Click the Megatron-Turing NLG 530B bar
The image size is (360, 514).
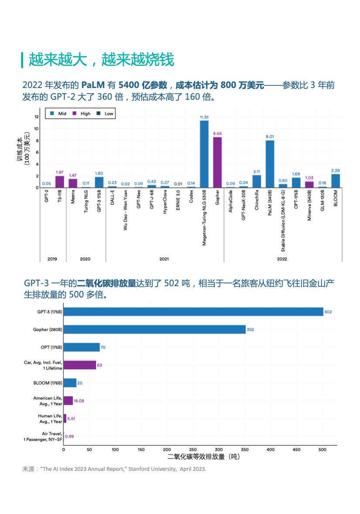coord(204,154)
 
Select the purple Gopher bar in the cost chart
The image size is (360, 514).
coord(217,162)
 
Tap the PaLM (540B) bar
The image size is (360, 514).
coord(270,164)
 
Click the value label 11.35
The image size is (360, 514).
coord(204,117)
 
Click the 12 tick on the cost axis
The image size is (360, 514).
coord(37,117)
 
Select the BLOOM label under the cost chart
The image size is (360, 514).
coord(336,198)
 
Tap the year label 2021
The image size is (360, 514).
coord(164,259)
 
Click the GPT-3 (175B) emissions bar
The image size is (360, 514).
coord(193,312)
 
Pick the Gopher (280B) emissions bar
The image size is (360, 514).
coord(154,330)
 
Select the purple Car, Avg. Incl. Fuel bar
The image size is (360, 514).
coord(80,365)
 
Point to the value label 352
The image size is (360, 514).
coord(250,330)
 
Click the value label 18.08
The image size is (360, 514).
coord(79,401)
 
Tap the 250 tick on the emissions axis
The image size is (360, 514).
coord(193,450)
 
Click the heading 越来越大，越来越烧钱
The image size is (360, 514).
coord(101,60)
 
